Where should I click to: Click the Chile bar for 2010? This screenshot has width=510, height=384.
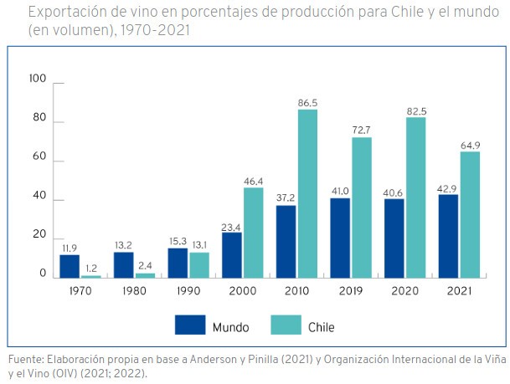[x=307, y=193]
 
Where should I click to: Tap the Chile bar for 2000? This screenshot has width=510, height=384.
[x=254, y=233]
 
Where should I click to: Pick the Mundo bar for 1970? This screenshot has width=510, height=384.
[x=70, y=266]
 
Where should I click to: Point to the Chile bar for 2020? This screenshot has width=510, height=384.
[x=415, y=197]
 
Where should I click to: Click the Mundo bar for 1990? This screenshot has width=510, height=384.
[x=178, y=263]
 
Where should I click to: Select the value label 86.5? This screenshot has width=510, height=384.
[x=307, y=102]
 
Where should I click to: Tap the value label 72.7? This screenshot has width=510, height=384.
[x=362, y=130]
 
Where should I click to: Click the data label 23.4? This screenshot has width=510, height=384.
[x=232, y=225]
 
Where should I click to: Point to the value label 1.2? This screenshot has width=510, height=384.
[x=91, y=268]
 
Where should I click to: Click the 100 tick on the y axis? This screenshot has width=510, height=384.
[x=38, y=79]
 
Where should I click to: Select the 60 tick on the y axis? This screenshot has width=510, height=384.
[x=39, y=161]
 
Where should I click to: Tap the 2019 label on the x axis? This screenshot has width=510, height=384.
[x=351, y=291]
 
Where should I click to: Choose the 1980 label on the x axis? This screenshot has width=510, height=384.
[x=134, y=291]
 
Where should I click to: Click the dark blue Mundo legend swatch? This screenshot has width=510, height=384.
[x=190, y=324]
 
